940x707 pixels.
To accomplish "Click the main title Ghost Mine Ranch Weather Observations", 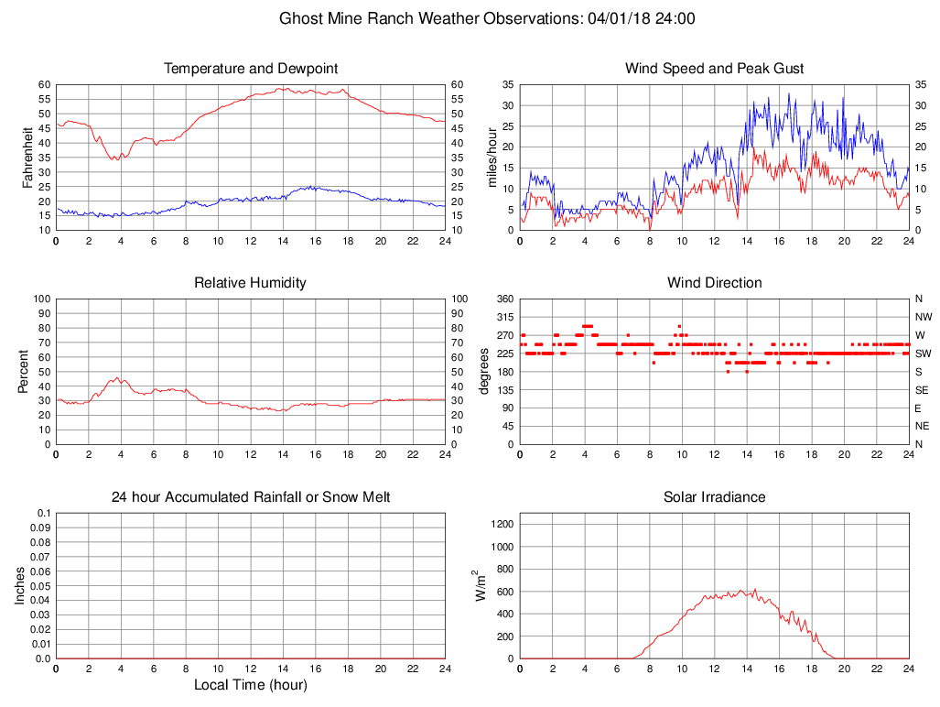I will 487,18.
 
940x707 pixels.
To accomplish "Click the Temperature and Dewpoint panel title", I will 251,69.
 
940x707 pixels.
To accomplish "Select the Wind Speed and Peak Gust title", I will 714,69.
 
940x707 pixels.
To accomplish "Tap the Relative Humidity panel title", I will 251,283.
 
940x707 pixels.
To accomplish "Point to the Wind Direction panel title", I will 714,283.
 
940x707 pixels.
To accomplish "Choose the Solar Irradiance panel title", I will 714,497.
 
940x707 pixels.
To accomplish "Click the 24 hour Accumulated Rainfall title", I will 251,497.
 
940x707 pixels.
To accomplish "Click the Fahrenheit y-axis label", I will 27,158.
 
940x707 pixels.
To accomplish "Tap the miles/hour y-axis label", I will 492,158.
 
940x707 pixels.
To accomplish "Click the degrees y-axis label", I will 484,371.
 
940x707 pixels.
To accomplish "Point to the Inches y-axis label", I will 20,585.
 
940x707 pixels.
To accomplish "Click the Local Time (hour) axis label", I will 251,684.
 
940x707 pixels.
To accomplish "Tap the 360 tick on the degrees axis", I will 504,299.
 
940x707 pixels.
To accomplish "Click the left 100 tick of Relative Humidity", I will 40,299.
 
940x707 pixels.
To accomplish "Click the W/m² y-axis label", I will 479,585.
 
